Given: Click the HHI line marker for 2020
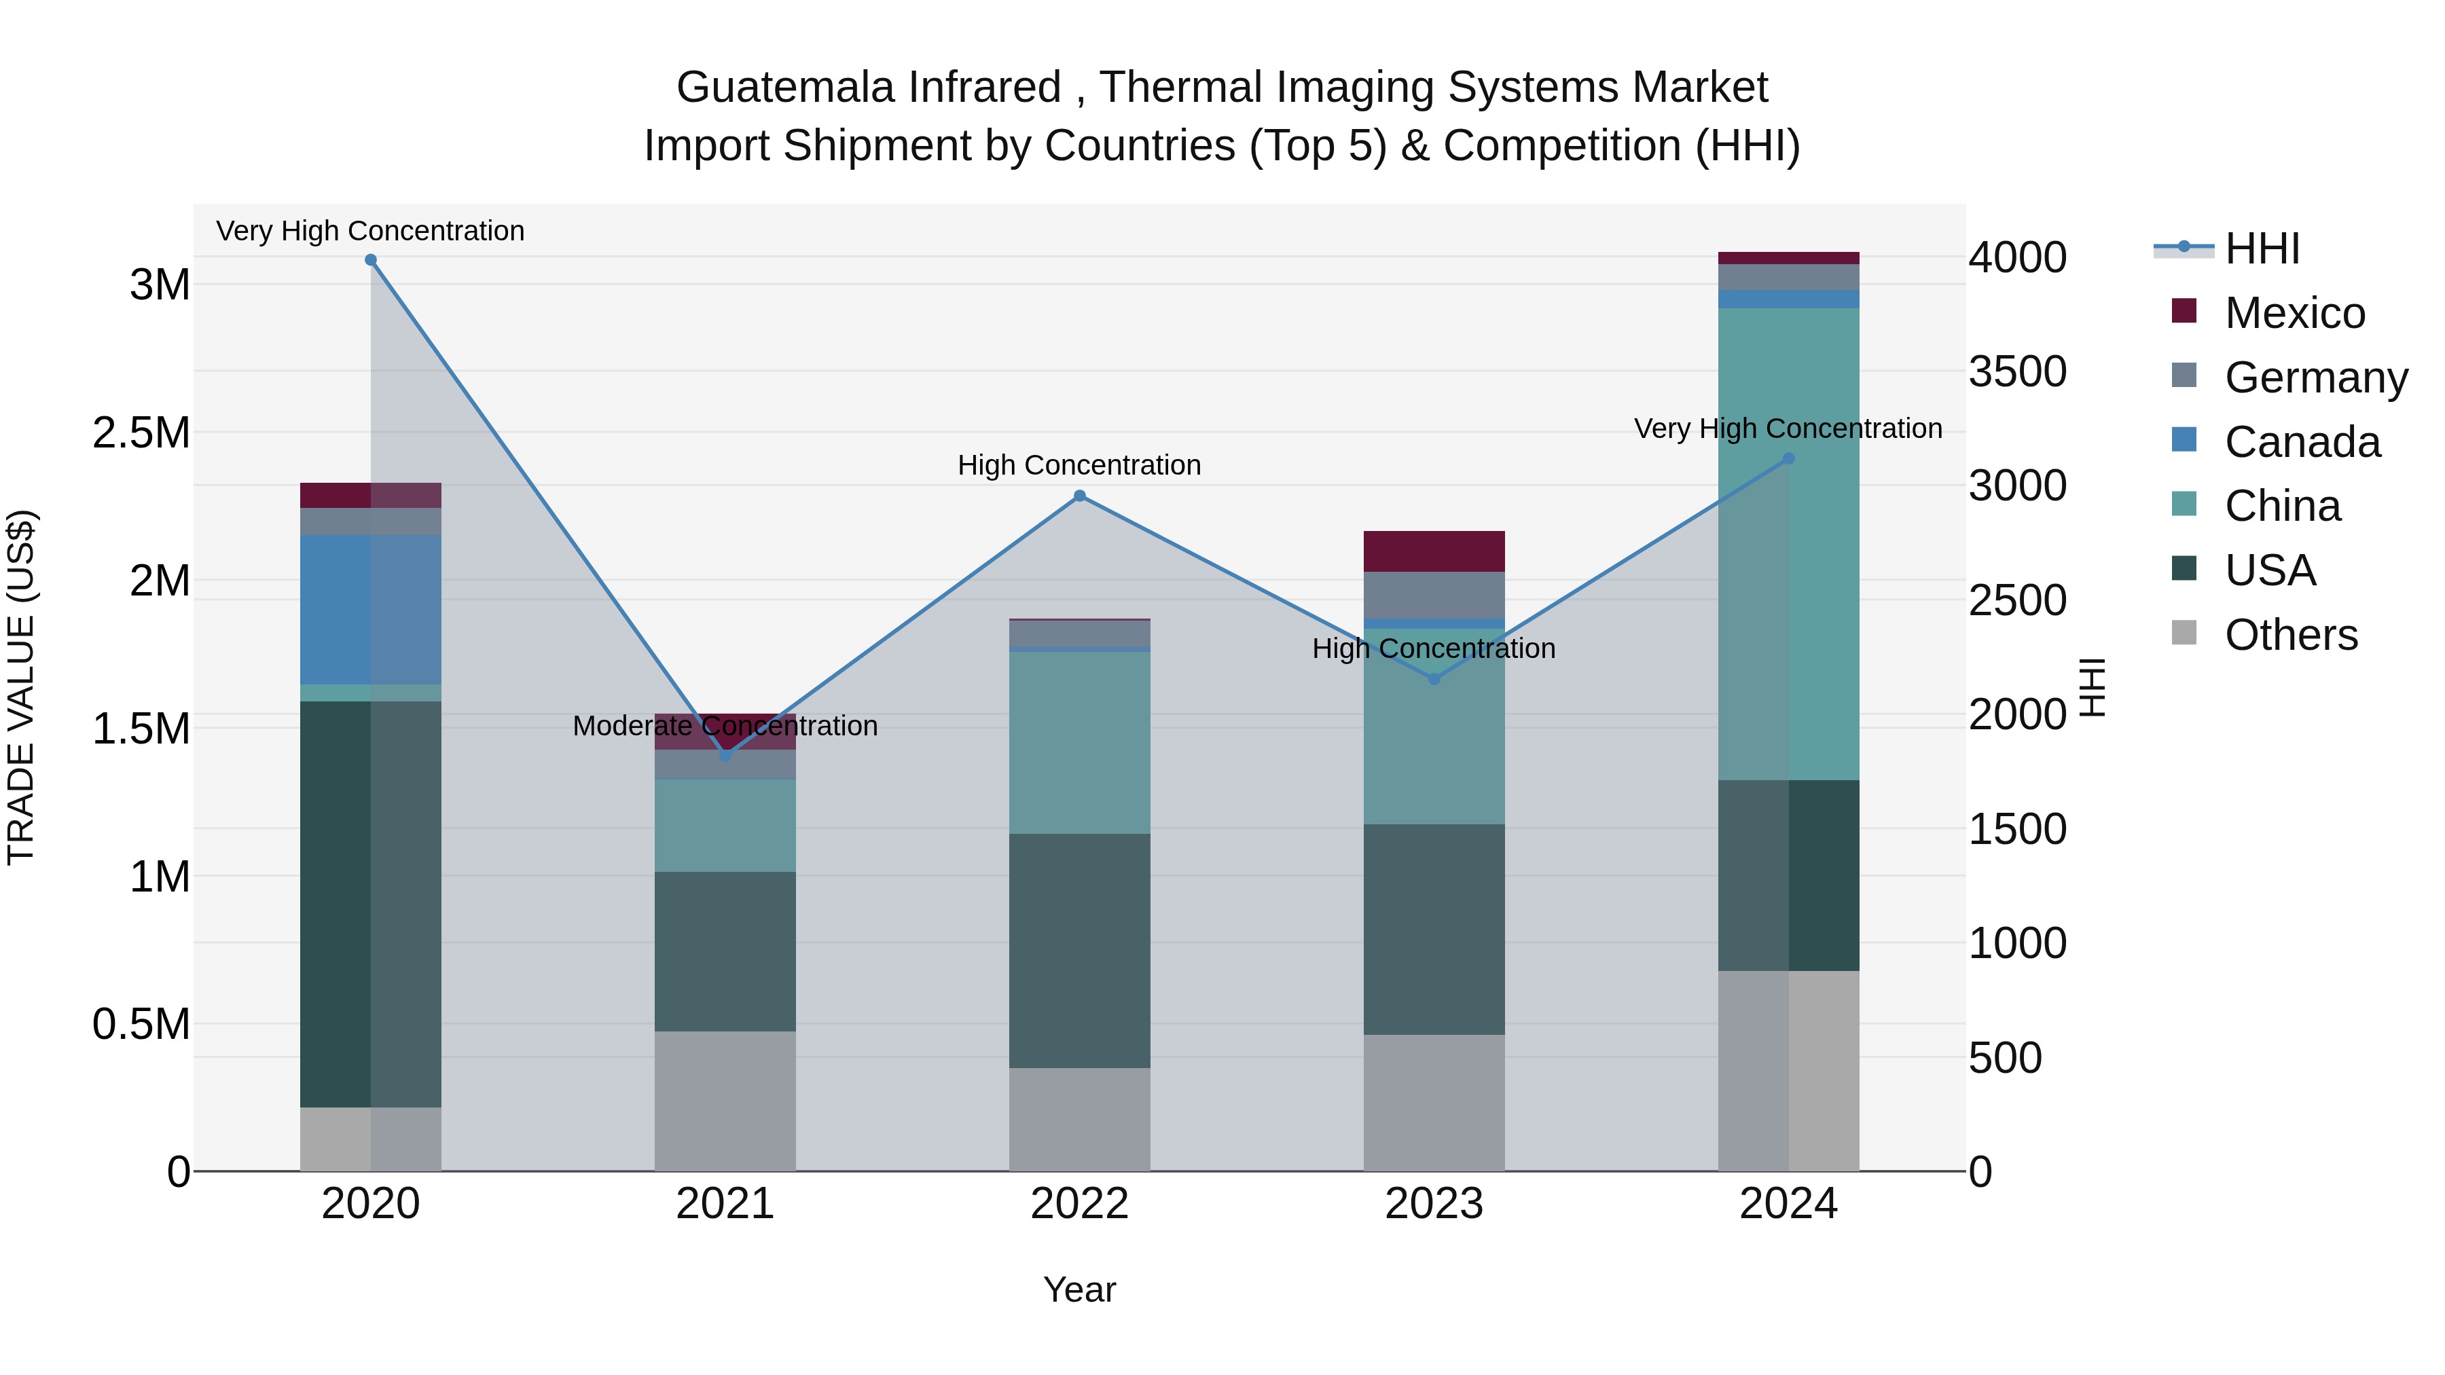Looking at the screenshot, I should [x=371, y=260].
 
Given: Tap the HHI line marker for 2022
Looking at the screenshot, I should [x=1079, y=496].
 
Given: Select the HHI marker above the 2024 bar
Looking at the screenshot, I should [x=1788, y=458].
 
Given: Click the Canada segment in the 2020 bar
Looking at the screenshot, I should [x=370, y=609].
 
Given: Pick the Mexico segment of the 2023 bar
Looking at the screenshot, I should [x=1434, y=551].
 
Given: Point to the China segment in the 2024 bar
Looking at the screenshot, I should [x=1788, y=544].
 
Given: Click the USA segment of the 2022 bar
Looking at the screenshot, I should [x=1079, y=951].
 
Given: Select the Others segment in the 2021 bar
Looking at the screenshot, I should [x=725, y=1101].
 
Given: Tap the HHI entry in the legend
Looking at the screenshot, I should [x=2261, y=249].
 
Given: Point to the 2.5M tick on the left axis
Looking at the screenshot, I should [x=141, y=433].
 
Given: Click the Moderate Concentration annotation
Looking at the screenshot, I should [x=725, y=726].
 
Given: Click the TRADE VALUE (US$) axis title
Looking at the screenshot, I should [x=21, y=687].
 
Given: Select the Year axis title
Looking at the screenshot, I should [x=1079, y=1289].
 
